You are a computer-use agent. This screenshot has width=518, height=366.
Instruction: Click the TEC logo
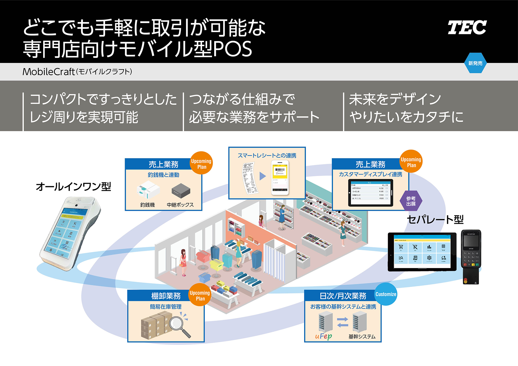[467, 28]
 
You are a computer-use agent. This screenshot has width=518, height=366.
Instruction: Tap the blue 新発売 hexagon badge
[475, 63]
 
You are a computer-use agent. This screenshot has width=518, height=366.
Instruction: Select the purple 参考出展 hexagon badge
[411, 201]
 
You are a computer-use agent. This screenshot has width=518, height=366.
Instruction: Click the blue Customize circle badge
[386, 294]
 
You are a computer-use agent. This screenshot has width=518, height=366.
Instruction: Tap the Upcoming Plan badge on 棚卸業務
[200, 296]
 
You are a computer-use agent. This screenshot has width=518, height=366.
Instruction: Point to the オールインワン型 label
[73, 187]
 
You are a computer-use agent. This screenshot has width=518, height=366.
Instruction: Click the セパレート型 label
[435, 219]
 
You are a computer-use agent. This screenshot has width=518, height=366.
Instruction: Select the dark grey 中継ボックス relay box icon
[181, 190]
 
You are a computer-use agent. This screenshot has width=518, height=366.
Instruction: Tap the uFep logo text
[323, 336]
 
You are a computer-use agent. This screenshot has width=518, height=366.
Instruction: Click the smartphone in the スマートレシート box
[280, 178]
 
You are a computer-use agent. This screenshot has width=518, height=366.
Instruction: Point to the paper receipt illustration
[250, 178]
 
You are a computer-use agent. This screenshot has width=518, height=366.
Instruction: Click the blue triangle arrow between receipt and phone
[262, 176]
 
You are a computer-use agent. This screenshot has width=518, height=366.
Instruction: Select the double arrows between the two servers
[343, 322]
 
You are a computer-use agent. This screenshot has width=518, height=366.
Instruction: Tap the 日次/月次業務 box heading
[343, 296]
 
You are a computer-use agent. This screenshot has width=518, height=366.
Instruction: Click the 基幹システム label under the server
[362, 337]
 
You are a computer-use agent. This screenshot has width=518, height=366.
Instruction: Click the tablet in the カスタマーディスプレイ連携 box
[370, 192]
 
